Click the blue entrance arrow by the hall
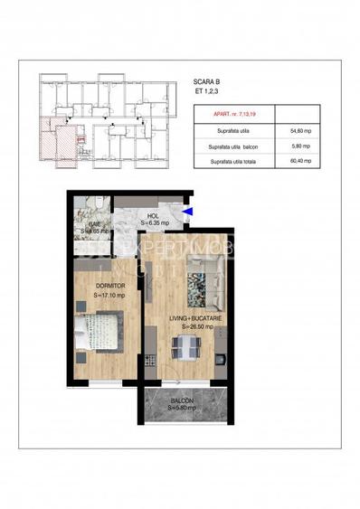point(187,212)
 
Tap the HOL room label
point(153,216)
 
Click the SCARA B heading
point(207,80)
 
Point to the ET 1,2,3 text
point(204,90)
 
